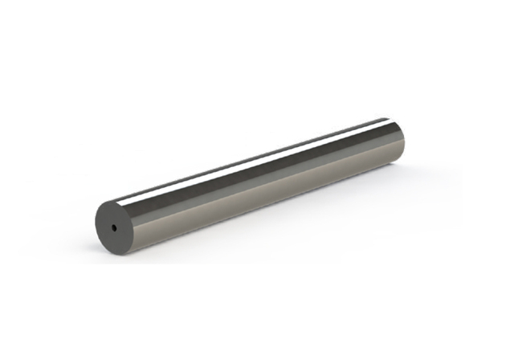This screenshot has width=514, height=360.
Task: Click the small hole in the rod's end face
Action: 115,227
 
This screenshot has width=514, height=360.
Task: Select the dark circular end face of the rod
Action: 108,220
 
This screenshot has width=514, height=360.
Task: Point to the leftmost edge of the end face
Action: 95,225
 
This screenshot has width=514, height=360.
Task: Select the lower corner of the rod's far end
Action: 398,164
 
